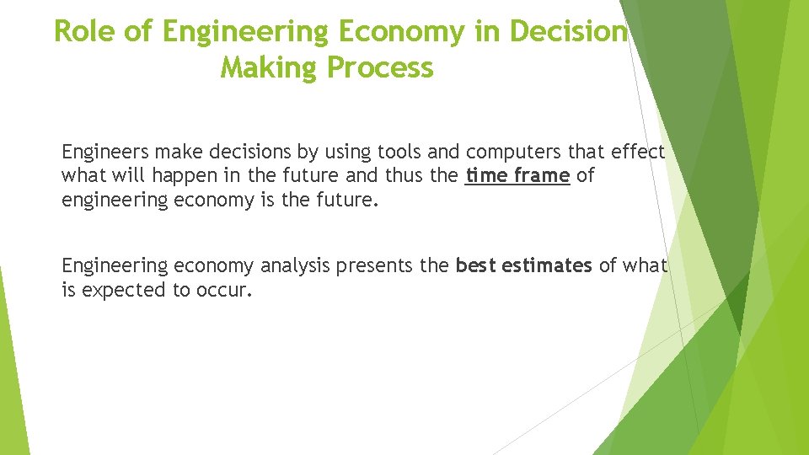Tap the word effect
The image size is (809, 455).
pos(635,153)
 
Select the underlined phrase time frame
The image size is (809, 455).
pos(517,176)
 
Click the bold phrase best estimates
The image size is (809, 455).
pos(523,266)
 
